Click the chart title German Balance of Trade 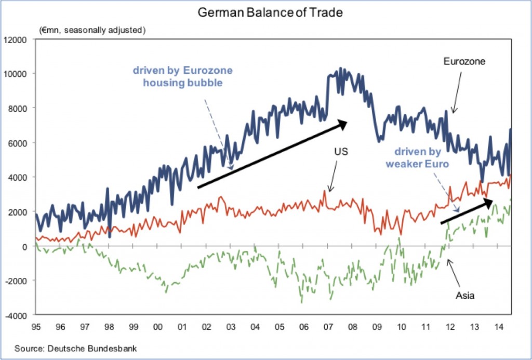tap(270, 12)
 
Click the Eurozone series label tap(464, 62)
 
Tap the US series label tap(340, 152)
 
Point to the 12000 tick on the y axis tap(17, 39)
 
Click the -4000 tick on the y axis tap(17, 315)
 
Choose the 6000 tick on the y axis tap(19, 143)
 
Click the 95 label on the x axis tap(36, 327)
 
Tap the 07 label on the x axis tap(328, 327)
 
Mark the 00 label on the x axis tap(158, 327)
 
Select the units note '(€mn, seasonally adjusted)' tap(92, 30)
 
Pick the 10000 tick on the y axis tap(17, 74)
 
